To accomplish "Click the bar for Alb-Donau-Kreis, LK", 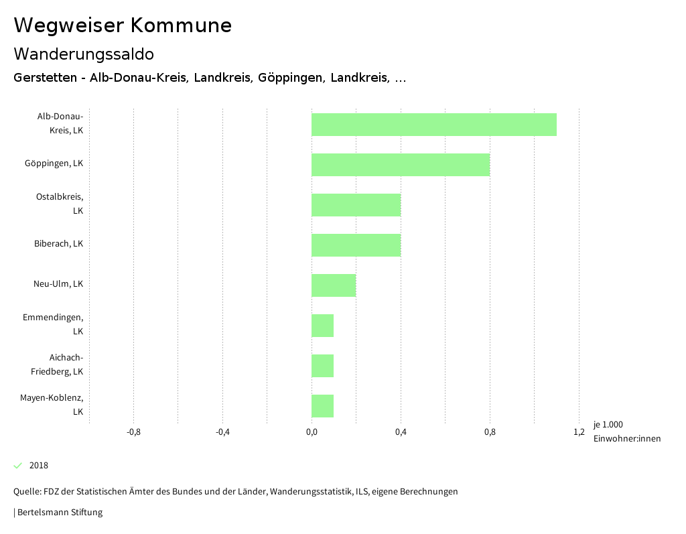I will (434, 125).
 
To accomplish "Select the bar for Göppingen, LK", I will (401, 165).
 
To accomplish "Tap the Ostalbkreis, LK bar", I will (356, 205).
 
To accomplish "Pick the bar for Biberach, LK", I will (356, 245).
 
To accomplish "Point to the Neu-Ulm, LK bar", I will (334, 285).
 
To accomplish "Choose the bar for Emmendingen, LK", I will (322, 326).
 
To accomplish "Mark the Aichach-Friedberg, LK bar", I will (322, 366).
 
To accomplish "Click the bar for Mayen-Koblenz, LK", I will (322, 406).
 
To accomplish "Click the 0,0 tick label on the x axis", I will (312, 432).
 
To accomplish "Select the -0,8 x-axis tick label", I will (133, 432).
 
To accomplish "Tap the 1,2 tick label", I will (579, 432).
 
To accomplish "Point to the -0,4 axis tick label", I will (222, 432).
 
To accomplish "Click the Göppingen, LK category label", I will (54, 163).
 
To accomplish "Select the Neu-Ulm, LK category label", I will (58, 284).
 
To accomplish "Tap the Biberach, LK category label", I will (58, 244).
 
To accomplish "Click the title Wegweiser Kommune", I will (123, 25).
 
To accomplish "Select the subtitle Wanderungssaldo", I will (84, 54).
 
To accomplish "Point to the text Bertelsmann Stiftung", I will (60, 513).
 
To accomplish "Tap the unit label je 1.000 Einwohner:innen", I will (626, 432).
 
